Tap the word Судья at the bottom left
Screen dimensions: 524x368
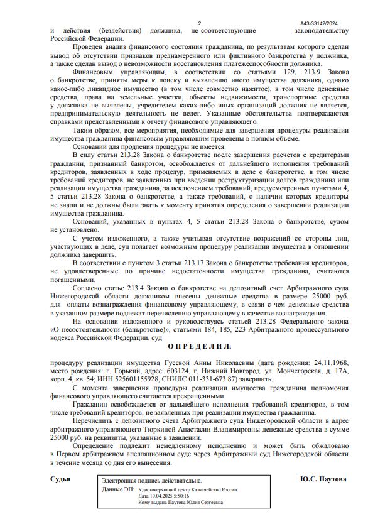(x=60, y=479)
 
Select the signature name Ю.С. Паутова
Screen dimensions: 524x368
(x=323, y=479)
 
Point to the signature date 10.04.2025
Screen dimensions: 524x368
(x=156, y=495)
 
